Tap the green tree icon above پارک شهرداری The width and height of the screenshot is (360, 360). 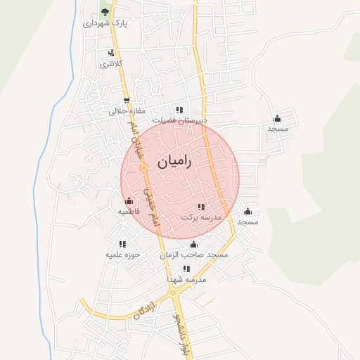point(105,12)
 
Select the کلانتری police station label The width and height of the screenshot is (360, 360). point(111,64)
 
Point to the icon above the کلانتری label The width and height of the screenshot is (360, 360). point(111,53)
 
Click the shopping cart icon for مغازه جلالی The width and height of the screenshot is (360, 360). point(127,101)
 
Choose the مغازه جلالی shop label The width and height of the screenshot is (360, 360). point(127,111)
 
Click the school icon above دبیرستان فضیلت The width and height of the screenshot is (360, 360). point(180,110)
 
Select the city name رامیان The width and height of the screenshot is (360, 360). point(172,161)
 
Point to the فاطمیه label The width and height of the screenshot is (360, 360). point(128,211)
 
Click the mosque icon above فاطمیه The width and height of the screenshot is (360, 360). point(128,201)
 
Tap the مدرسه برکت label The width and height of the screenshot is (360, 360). point(201,217)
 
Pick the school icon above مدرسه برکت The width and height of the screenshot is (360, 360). point(201,207)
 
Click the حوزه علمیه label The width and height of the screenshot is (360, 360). point(124,254)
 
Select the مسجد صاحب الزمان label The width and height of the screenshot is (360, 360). point(194,254)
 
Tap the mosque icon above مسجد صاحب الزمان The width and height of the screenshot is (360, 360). point(194,244)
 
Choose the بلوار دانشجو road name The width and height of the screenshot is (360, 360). point(181,330)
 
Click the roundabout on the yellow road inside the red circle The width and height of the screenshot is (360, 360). point(143,169)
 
